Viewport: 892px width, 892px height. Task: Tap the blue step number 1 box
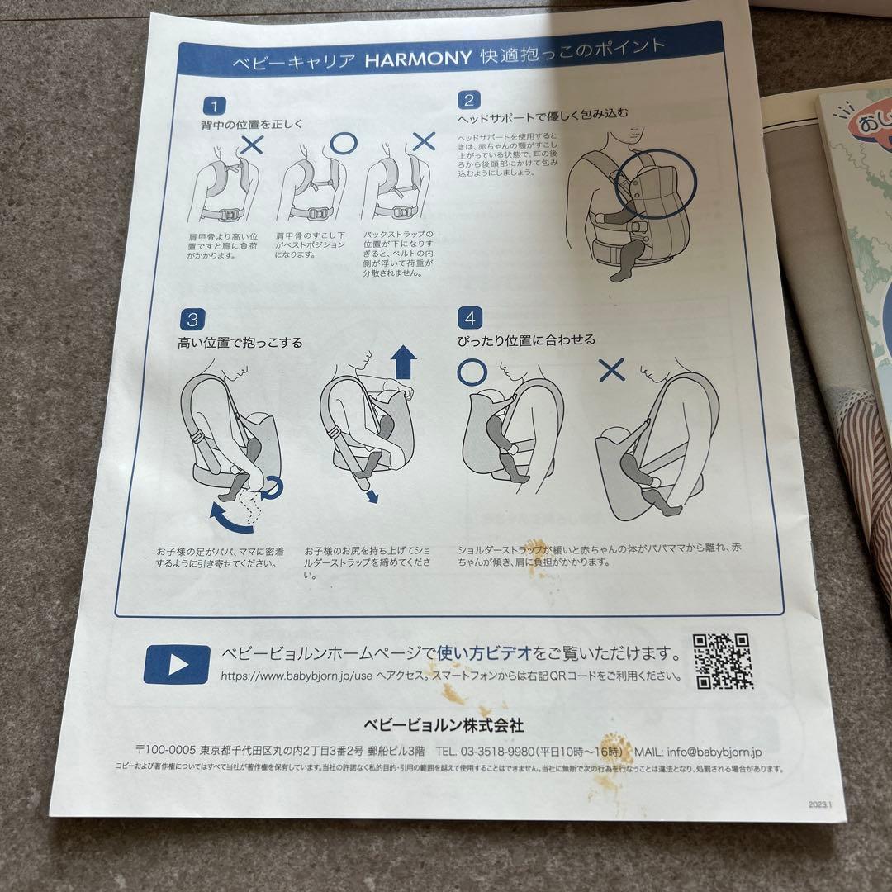214,106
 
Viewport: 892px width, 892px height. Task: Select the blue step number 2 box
468,101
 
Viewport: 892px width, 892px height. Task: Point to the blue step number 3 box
191,319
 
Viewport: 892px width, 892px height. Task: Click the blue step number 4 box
470,316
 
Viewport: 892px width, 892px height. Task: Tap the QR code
722,661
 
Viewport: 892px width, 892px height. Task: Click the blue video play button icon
177,663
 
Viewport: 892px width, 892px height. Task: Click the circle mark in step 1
342,142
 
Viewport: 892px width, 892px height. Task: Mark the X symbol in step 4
611,370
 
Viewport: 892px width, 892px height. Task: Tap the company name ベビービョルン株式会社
444,724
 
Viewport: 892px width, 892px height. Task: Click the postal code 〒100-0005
166,750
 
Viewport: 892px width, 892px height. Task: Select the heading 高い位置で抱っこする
240,342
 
